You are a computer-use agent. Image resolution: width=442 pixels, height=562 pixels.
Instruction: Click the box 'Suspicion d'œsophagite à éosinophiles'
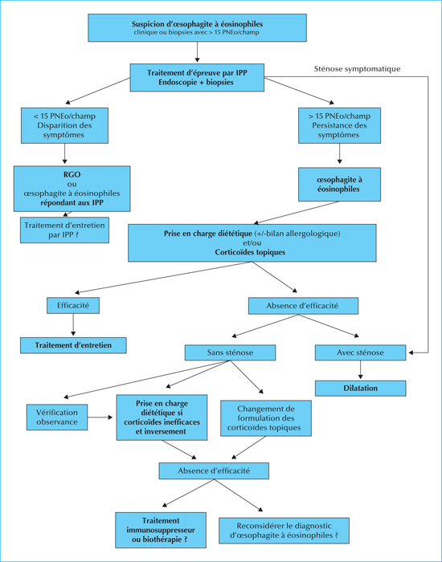coord(198,28)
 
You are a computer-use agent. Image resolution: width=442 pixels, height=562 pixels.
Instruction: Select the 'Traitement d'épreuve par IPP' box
coord(197,77)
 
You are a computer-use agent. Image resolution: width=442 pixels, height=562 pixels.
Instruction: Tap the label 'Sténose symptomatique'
coord(357,69)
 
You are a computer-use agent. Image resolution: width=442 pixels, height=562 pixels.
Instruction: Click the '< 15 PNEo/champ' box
coord(64,125)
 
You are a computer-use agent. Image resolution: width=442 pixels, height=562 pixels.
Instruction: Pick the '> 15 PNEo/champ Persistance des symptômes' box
coord(339,125)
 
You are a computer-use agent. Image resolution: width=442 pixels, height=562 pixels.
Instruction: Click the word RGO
coord(72,174)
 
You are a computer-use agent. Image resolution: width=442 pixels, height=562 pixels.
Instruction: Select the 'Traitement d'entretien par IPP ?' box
coord(64,230)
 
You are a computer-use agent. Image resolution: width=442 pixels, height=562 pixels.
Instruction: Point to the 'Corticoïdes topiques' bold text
coord(250,252)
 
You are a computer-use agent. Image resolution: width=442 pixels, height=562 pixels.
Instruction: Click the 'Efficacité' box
coord(73,306)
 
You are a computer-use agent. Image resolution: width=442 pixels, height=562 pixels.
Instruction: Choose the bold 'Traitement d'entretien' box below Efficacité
coord(73,345)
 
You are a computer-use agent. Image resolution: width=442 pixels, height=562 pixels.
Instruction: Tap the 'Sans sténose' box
coord(230,352)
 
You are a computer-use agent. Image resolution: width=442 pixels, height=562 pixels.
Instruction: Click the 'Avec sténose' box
coord(360,352)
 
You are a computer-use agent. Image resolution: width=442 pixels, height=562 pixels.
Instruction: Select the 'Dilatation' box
coord(360,388)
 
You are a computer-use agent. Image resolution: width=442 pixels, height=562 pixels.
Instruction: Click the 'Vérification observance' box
coord(57,417)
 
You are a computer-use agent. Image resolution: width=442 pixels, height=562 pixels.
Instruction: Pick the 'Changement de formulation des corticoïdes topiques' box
coord(266,418)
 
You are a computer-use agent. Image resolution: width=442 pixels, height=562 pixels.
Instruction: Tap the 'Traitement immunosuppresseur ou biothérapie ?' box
coord(161,530)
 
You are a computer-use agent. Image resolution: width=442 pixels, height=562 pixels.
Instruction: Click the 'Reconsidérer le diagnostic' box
coord(284,531)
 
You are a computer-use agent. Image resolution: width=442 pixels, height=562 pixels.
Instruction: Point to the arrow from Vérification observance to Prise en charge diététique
coord(100,417)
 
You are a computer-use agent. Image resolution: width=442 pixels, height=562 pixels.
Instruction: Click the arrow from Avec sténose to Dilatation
coord(360,370)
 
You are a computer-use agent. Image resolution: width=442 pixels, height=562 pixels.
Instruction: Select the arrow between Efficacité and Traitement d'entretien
coord(73,324)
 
